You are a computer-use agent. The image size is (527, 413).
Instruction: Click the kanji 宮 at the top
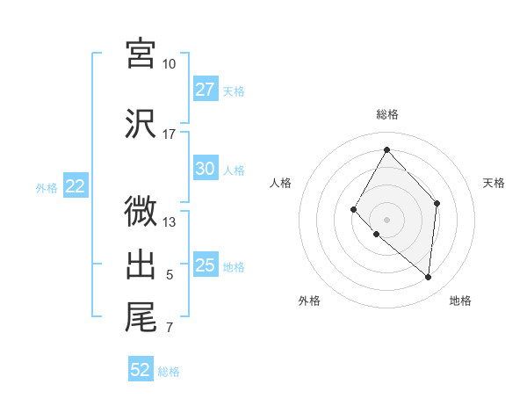(x=141, y=54)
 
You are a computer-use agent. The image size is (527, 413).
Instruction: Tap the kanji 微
(x=141, y=212)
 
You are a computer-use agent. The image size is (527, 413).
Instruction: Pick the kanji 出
(x=141, y=264)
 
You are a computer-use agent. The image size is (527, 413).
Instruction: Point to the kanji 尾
(x=141, y=317)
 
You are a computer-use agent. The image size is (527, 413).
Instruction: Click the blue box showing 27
(x=206, y=90)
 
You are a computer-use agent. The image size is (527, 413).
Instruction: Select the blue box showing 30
(x=206, y=169)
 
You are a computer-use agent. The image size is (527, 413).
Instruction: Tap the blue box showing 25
(x=206, y=265)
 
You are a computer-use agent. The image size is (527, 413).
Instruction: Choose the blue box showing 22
(x=76, y=186)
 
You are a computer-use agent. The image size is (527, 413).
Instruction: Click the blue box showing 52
(x=141, y=370)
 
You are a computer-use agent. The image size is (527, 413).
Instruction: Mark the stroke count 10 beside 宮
(x=169, y=64)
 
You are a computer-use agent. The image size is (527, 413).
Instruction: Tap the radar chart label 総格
(x=386, y=114)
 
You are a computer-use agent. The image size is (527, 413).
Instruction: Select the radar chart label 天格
(x=494, y=183)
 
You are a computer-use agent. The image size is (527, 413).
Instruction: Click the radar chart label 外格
(x=309, y=301)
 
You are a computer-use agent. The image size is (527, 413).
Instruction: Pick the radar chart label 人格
(x=280, y=183)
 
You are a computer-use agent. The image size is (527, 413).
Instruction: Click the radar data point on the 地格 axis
(x=429, y=278)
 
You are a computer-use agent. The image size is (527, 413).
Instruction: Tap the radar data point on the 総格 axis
(x=386, y=149)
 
